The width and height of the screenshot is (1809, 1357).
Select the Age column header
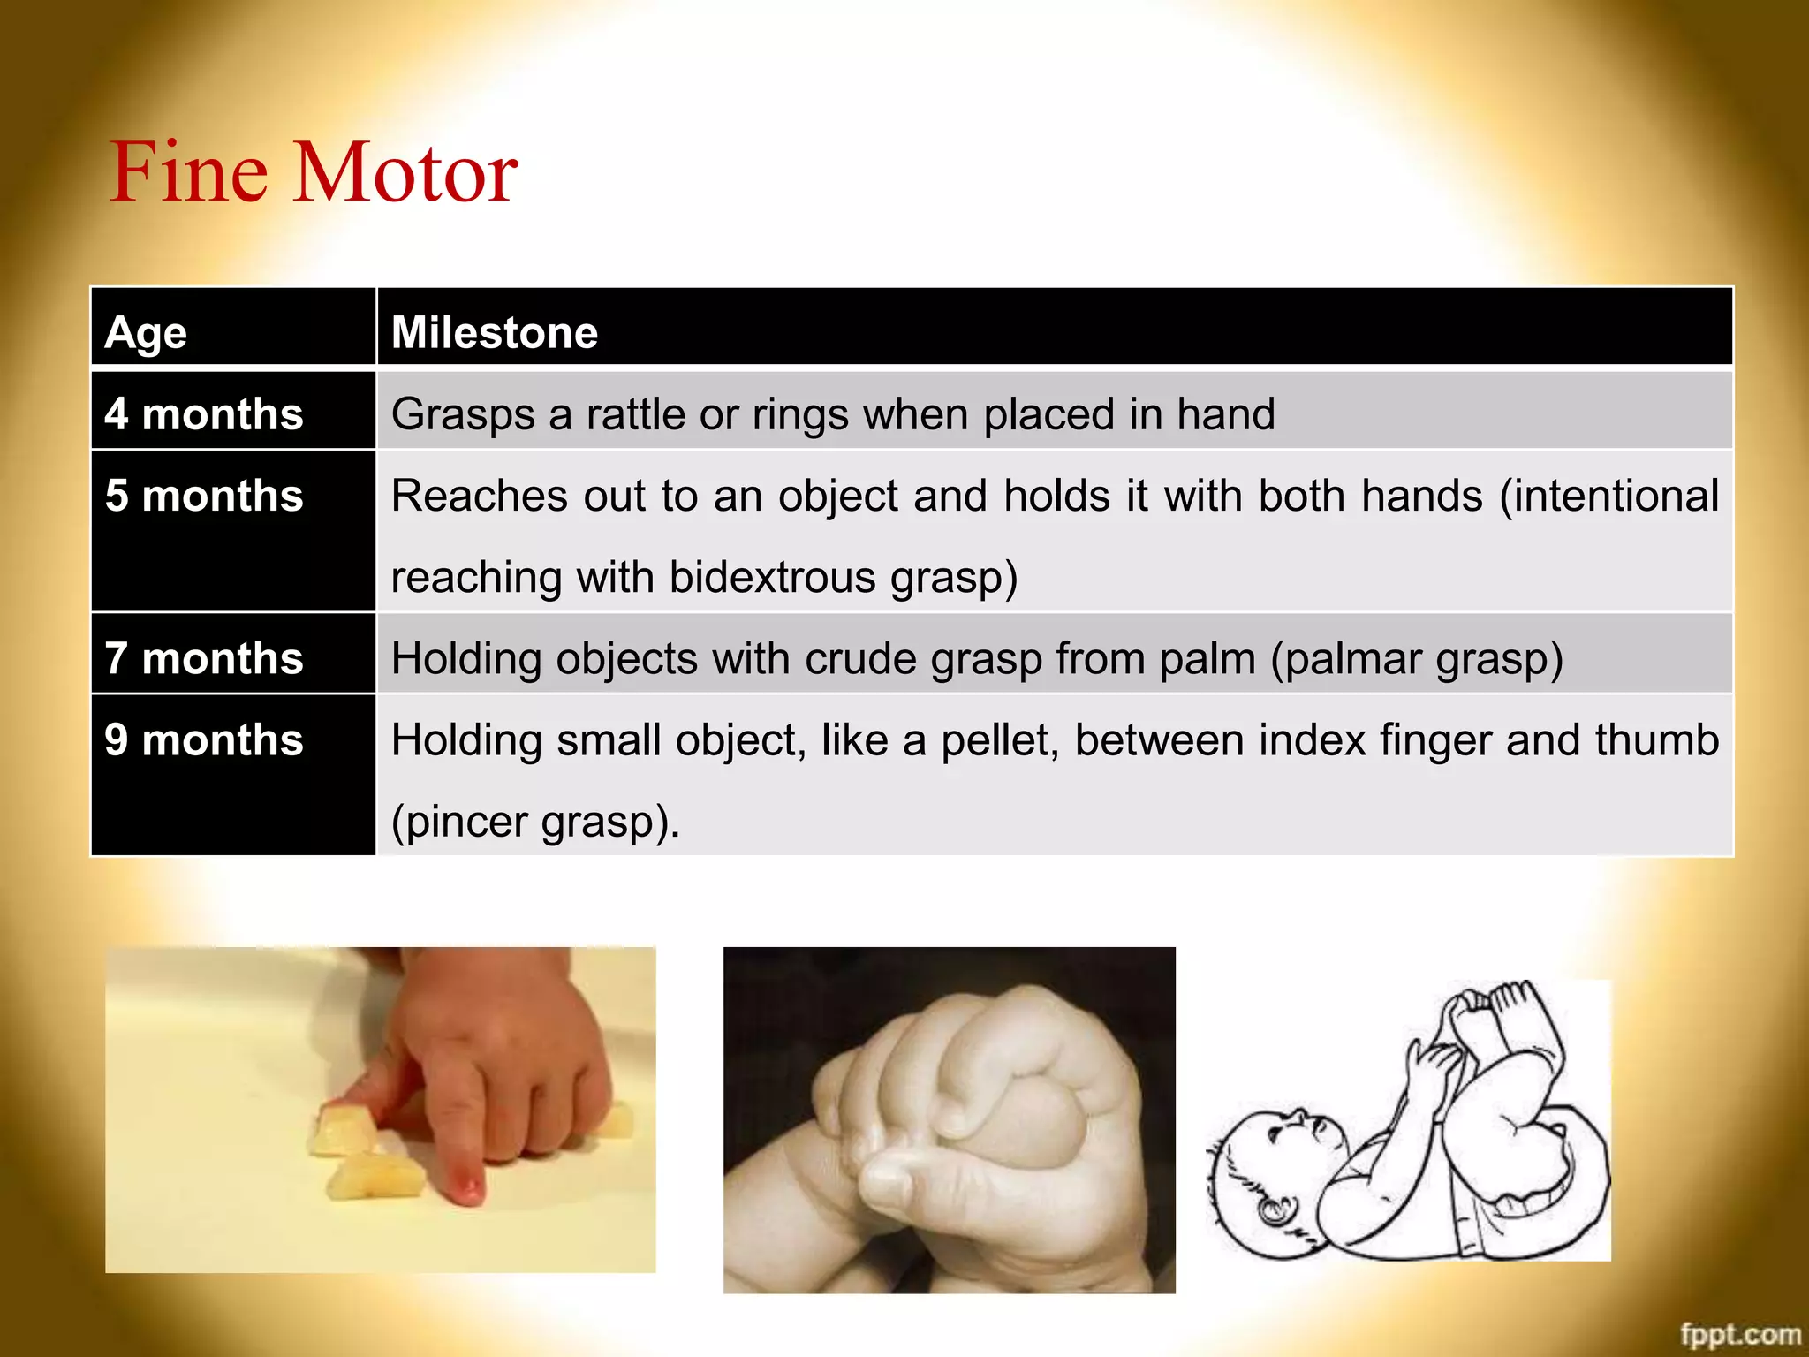click(146, 333)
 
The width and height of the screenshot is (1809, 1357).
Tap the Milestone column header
click(495, 333)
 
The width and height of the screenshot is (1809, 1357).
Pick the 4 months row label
click(204, 414)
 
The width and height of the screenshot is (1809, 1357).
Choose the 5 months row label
click(204, 496)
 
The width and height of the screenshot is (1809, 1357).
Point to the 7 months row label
click(204, 659)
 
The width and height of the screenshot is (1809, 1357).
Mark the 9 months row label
click(204, 740)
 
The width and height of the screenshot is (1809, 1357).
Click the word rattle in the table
click(635, 414)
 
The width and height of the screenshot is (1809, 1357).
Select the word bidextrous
click(772, 578)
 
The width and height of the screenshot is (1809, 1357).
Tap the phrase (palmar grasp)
click(1416, 660)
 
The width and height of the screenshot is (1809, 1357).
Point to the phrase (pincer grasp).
click(534, 823)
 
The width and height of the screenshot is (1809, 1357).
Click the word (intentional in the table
click(1608, 496)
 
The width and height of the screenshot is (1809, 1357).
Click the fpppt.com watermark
click(1739, 1334)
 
